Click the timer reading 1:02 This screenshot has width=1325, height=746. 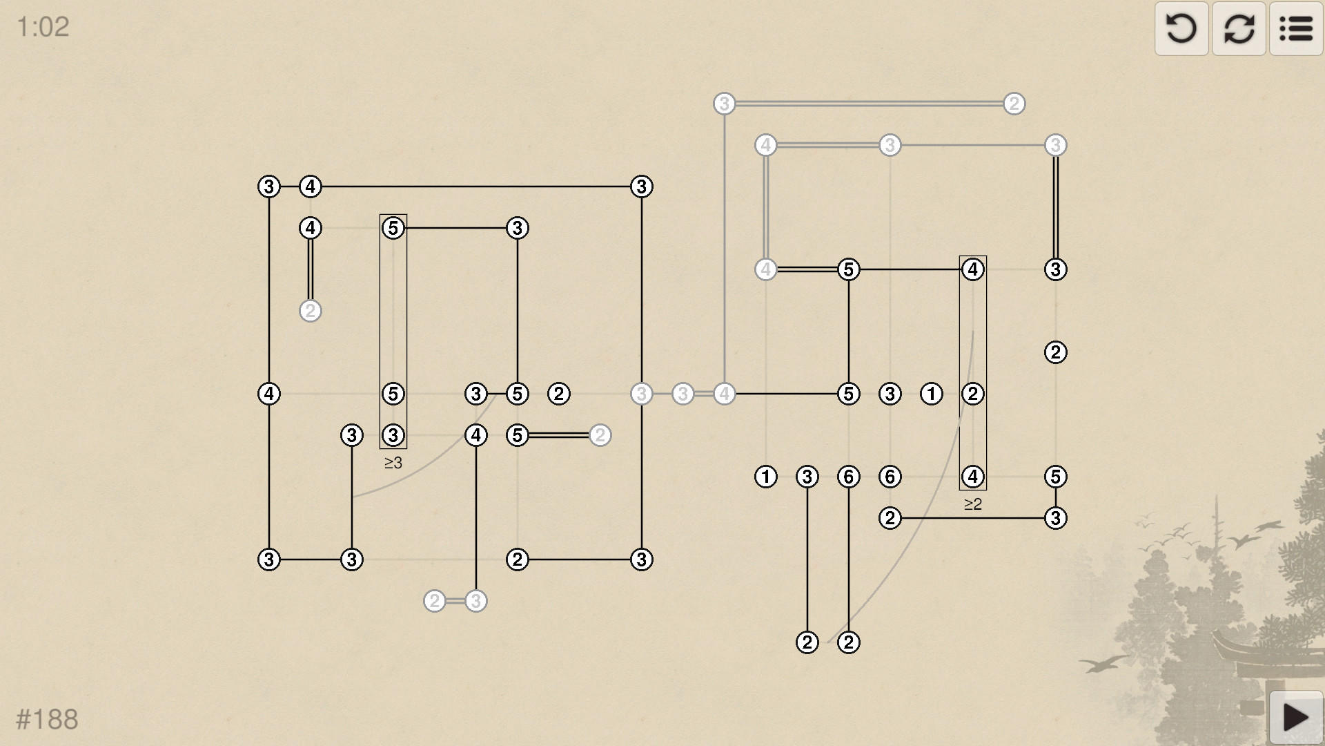[x=43, y=27]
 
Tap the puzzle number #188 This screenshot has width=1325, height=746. [x=47, y=719]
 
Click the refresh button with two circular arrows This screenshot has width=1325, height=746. [x=1239, y=28]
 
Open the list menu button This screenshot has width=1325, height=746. [x=1296, y=28]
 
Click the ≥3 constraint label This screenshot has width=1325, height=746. [x=393, y=463]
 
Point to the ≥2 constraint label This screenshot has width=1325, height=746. [x=973, y=504]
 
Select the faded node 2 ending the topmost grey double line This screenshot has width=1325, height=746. [x=1014, y=104]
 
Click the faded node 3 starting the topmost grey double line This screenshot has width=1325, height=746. [x=724, y=104]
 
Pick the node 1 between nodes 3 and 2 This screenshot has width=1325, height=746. [x=931, y=394]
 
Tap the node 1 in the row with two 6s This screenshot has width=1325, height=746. [x=765, y=477]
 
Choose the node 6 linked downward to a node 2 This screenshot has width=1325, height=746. [x=848, y=477]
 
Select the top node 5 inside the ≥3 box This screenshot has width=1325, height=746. [x=393, y=228]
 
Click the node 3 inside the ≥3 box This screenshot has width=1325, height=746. [x=393, y=435]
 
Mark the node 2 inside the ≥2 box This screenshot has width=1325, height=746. [x=972, y=394]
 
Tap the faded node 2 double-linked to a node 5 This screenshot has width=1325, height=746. [x=600, y=435]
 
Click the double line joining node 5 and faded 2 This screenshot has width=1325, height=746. [x=559, y=435]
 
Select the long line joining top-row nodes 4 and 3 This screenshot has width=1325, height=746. [x=476, y=186]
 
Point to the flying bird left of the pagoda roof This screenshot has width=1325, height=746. [x=1104, y=664]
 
